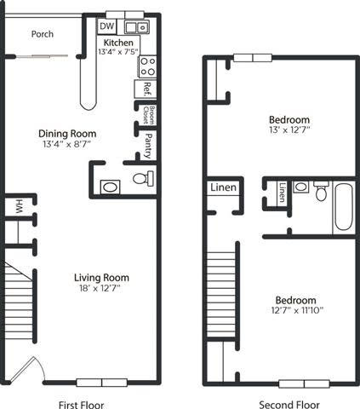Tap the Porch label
[x=42, y=35]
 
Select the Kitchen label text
[x=117, y=43]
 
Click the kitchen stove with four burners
[x=147, y=66]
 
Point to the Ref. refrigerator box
[x=147, y=88]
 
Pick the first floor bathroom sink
[x=111, y=187]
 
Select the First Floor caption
[x=81, y=404]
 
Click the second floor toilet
[x=321, y=190]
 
